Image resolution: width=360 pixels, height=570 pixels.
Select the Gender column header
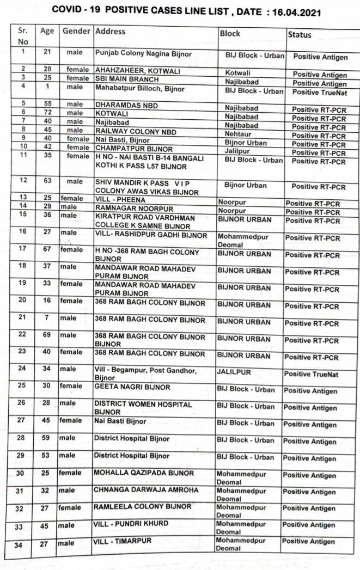pos(76,32)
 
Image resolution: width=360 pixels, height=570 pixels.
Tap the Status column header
pos(300,34)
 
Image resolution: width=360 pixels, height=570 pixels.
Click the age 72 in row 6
pos(47,112)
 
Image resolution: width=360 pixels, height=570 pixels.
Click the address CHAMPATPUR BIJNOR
pos(134,148)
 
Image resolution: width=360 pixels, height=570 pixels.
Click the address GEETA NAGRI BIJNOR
pos(132,388)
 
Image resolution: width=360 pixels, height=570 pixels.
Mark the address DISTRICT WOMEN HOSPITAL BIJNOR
pos(143,409)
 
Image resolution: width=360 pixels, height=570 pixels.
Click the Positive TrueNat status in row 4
pos(319,92)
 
